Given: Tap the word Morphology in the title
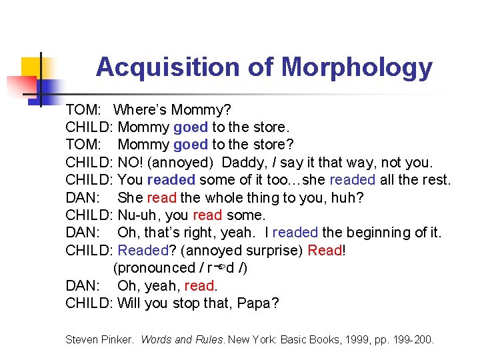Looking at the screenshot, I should coord(357,67).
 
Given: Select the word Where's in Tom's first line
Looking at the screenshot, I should coord(140,109).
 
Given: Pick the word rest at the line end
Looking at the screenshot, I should coord(435,180).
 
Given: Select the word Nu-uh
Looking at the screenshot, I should coord(137,215).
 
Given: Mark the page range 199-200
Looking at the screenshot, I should coord(413,340).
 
